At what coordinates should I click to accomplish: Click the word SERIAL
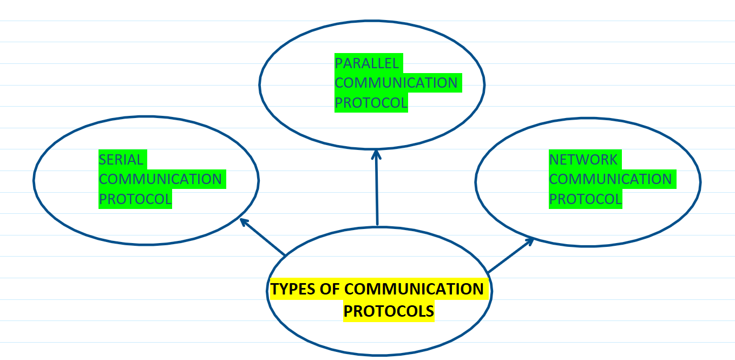click(x=121, y=160)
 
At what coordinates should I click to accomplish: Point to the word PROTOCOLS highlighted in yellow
click(x=389, y=311)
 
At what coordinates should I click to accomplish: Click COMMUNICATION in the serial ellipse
click(x=160, y=179)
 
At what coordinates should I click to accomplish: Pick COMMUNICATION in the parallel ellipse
click(x=396, y=83)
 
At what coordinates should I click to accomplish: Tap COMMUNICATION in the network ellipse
click(x=610, y=179)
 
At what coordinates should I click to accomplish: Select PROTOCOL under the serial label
click(x=135, y=199)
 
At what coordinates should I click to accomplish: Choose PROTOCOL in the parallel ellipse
click(x=371, y=102)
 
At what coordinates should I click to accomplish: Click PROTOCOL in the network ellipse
click(x=585, y=199)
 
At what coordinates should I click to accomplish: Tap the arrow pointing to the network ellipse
click(x=510, y=256)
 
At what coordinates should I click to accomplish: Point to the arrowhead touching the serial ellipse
click(x=244, y=221)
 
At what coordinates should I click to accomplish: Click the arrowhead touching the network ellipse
click(x=530, y=240)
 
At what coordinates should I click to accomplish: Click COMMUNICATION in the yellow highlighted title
click(x=414, y=289)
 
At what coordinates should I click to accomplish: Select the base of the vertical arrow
click(x=377, y=223)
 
